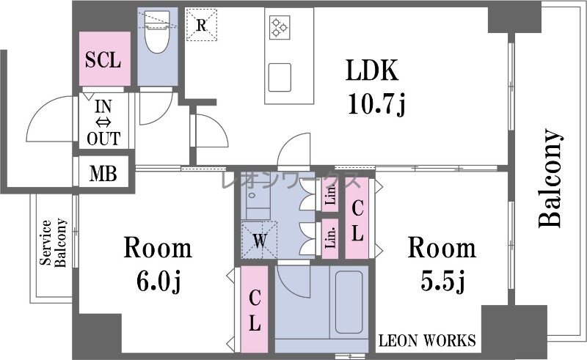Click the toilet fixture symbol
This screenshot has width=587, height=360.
pyautogui.click(x=157, y=32)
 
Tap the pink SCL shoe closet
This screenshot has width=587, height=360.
pyautogui.click(x=104, y=59)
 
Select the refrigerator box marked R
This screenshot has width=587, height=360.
pyautogui.click(x=202, y=25)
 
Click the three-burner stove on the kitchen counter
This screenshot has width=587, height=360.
pyautogui.click(x=280, y=26)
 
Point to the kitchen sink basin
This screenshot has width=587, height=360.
pyautogui.click(x=280, y=77)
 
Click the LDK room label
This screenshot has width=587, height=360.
pyautogui.click(x=371, y=70)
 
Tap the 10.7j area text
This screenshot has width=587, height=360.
pyautogui.click(x=376, y=104)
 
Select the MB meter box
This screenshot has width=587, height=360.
pyautogui.click(x=103, y=174)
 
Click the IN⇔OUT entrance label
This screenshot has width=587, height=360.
pyautogui.click(x=103, y=122)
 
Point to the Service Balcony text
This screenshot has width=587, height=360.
pyautogui.click(x=54, y=243)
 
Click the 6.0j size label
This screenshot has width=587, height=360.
pyautogui.click(x=158, y=282)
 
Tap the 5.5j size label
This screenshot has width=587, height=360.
pyautogui.click(x=442, y=281)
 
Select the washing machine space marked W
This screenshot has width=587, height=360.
pyautogui.click(x=260, y=240)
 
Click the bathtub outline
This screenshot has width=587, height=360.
pyautogui.click(x=349, y=302)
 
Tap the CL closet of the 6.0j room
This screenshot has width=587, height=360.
pyautogui.click(x=255, y=309)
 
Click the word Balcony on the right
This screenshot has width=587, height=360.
pyautogui.click(x=551, y=178)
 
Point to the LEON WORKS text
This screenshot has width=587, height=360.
pyautogui.click(x=427, y=340)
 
